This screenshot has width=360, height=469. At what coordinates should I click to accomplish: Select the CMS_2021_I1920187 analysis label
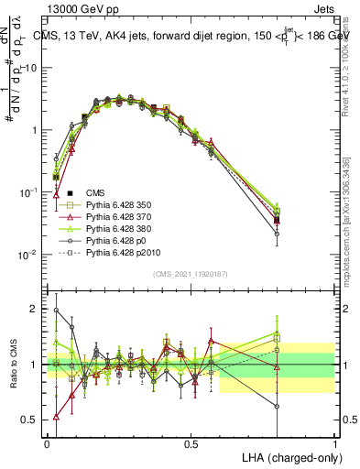pyautogui.click(x=190, y=275)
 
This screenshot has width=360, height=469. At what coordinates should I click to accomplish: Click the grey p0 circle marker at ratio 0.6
pyautogui.click(x=278, y=406)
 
